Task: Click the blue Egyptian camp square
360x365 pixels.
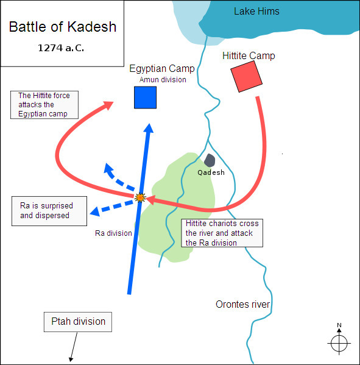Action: [x=145, y=97]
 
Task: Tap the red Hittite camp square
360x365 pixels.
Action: [x=247, y=77]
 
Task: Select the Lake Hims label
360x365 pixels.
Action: [x=256, y=11]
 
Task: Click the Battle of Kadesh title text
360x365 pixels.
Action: [x=63, y=27]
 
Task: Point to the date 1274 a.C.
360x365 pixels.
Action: [x=61, y=48]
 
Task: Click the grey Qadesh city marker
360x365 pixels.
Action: [x=210, y=160]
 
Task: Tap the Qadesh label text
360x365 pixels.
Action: [x=211, y=172]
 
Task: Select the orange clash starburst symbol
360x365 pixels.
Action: [x=140, y=197]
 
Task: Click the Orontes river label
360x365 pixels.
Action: [x=242, y=304]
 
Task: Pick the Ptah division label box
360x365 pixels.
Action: [x=78, y=322]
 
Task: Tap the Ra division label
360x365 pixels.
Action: [x=113, y=233]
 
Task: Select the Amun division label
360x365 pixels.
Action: [x=163, y=80]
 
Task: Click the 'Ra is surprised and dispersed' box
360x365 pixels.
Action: [x=49, y=211]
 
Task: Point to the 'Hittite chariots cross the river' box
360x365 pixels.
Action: [x=222, y=233]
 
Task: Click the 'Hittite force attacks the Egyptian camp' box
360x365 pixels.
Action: [x=44, y=105]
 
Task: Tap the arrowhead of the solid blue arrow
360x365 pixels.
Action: [x=149, y=128]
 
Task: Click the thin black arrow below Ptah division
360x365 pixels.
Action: [x=74, y=347]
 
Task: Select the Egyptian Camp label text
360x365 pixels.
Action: [x=162, y=69]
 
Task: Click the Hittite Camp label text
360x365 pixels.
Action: [x=249, y=56]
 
